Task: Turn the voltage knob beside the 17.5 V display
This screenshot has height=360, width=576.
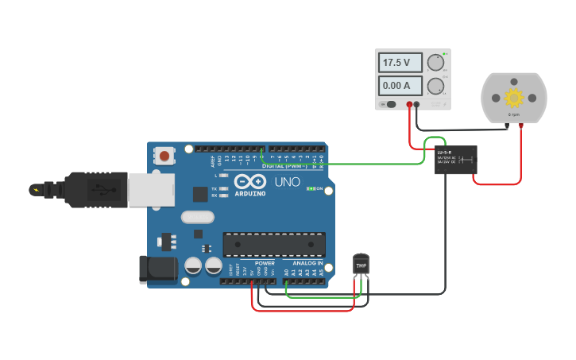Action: click(x=435, y=63)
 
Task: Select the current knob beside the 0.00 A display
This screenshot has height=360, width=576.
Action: click(x=435, y=86)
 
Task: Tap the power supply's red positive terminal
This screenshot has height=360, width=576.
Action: click(x=409, y=104)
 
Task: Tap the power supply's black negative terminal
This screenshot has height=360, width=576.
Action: click(x=417, y=104)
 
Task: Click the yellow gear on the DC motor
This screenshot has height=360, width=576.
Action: click(x=514, y=98)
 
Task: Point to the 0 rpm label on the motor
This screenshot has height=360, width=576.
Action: click(x=514, y=115)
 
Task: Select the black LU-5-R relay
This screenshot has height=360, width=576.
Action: click(x=455, y=160)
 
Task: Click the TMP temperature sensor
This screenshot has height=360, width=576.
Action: click(x=361, y=265)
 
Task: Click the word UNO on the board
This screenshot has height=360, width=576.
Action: click(x=287, y=182)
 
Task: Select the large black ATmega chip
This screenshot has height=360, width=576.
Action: click(x=274, y=244)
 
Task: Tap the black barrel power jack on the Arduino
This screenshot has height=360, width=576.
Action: click(x=158, y=269)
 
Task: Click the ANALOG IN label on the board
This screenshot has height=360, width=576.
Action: click(x=307, y=263)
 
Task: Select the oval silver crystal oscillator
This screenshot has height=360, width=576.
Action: click(x=197, y=217)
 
